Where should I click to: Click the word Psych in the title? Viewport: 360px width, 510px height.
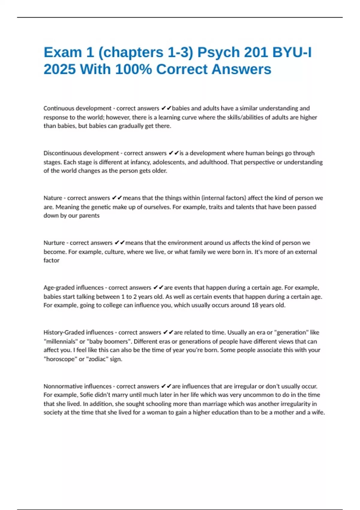point(218,52)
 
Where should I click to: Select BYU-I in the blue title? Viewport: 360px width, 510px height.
point(292,52)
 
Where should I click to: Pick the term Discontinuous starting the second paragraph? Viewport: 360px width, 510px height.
point(62,153)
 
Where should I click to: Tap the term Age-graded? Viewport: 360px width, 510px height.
point(58,288)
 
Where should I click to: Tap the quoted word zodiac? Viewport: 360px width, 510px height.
point(97,359)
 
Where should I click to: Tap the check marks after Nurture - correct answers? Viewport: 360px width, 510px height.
point(120,243)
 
